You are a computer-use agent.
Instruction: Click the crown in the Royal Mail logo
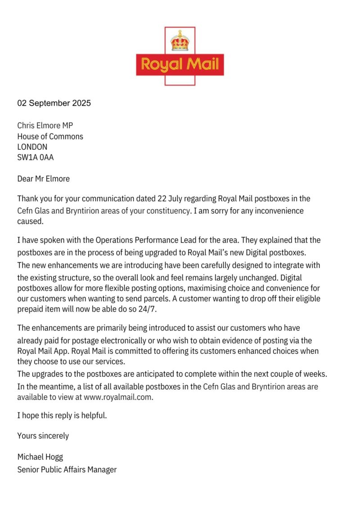tap(180, 41)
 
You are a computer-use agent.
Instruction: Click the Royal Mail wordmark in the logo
tap(180, 64)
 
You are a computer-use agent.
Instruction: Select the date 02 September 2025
tap(54, 103)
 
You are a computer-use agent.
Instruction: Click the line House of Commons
tap(50, 137)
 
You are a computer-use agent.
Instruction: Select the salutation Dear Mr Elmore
tap(44, 179)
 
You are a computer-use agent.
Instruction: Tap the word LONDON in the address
tap(32, 147)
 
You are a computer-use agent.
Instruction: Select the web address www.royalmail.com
tap(118, 397)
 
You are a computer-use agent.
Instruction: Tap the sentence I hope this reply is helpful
tap(62, 415)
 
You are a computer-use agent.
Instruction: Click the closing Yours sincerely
tap(43, 436)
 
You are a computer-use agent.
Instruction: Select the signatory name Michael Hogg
tap(40, 457)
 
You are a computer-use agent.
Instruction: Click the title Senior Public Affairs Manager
tap(67, 469)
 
